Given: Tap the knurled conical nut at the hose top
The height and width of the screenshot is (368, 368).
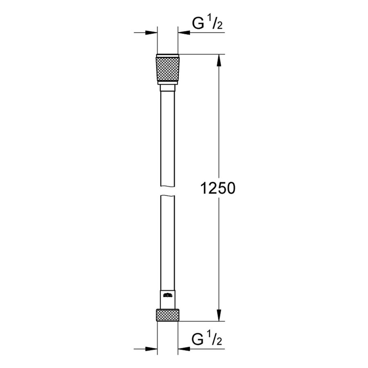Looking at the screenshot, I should pyautogui.click(x=168, y=69).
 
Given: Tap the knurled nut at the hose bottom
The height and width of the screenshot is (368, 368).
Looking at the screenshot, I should pyautogui.click(x=168, y=316).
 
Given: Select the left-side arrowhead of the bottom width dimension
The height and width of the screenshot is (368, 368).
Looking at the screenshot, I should pyautogui.click(x=153, y=348).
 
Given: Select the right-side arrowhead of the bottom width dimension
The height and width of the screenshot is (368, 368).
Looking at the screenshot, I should pyautogui.click(x=182, y=348).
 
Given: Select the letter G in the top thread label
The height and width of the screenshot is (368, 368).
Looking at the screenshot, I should pyautogui.click(x=197, y=25).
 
